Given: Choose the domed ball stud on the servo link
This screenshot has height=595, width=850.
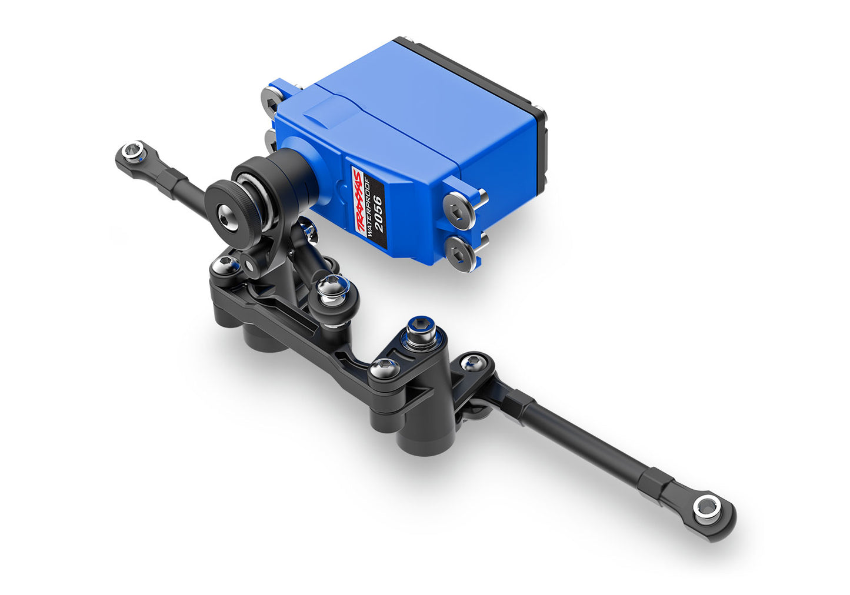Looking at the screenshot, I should [332, 290].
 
